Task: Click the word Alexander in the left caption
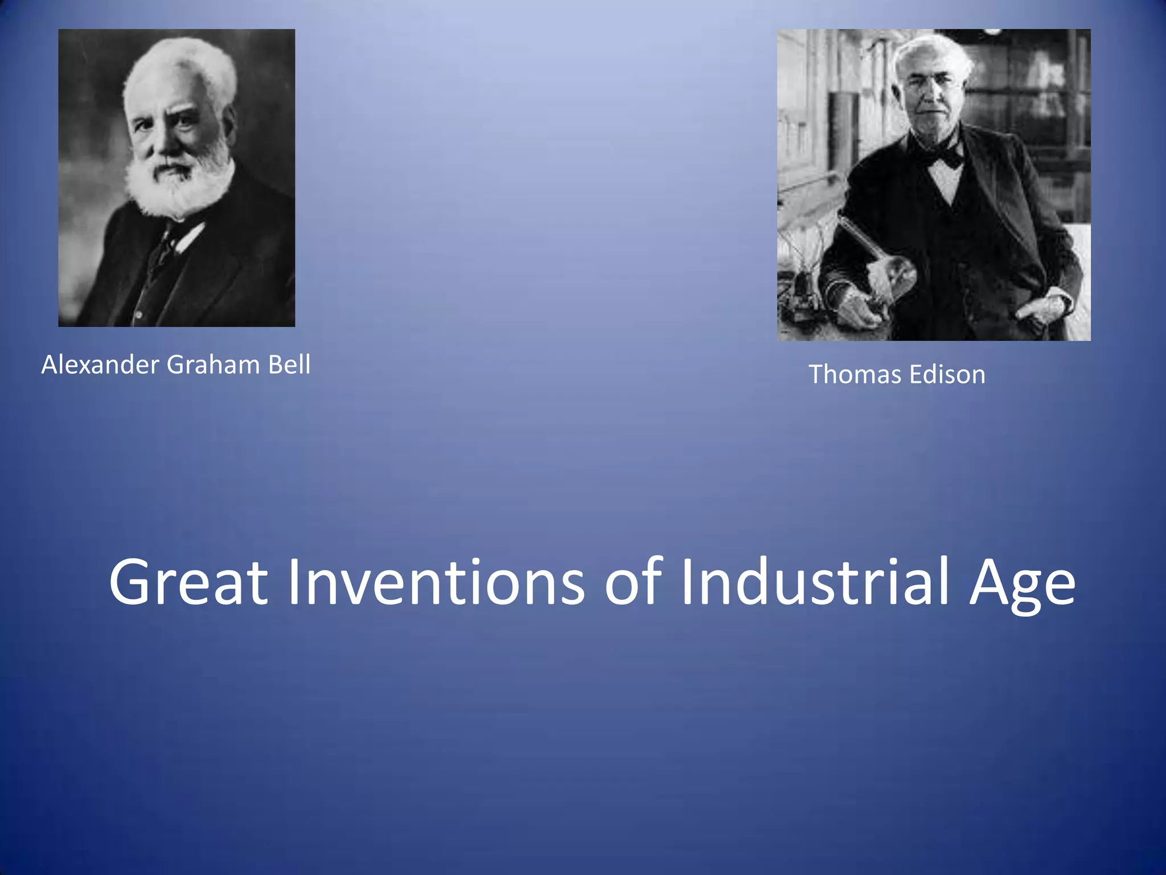pyautogui.click(x=100, y=365)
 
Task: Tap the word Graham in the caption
pyautogui.click(x=213, y=365)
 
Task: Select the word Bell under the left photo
pyautogui.click(x=289, y=365)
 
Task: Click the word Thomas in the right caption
pyautogui.click(x=856, y=375)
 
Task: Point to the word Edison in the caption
pyautogui.click(x=947, y=375)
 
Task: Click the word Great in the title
pyautogui.click(x=188, y=583)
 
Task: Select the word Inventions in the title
pyautogui.click(x=436, y=583)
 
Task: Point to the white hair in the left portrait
pyautogui.click(x=182, y=68)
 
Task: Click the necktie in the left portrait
pyautogui.click(x=165, y=248)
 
